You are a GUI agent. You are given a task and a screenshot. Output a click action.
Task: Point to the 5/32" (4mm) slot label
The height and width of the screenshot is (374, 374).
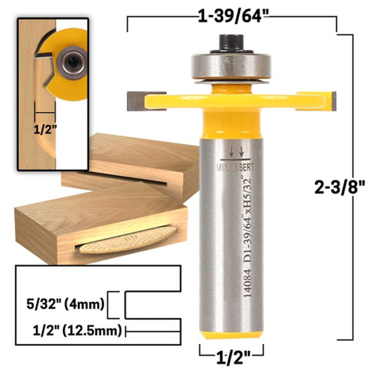coord(66,305)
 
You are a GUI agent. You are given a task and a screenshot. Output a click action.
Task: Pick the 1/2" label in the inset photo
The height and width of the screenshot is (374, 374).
coord(44,128)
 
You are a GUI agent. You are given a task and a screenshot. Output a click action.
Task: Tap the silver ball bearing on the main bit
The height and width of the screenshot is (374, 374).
coord(229,67)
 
